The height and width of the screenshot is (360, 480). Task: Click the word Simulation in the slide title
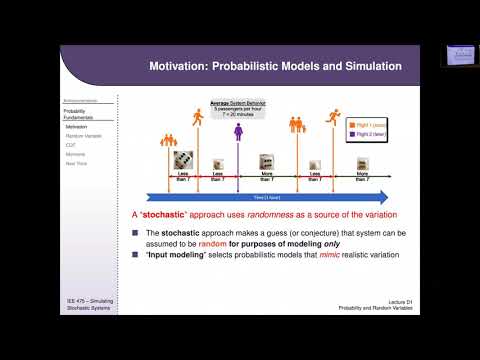click(369, 67)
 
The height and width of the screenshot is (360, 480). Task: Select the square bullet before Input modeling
click(136, 255)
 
